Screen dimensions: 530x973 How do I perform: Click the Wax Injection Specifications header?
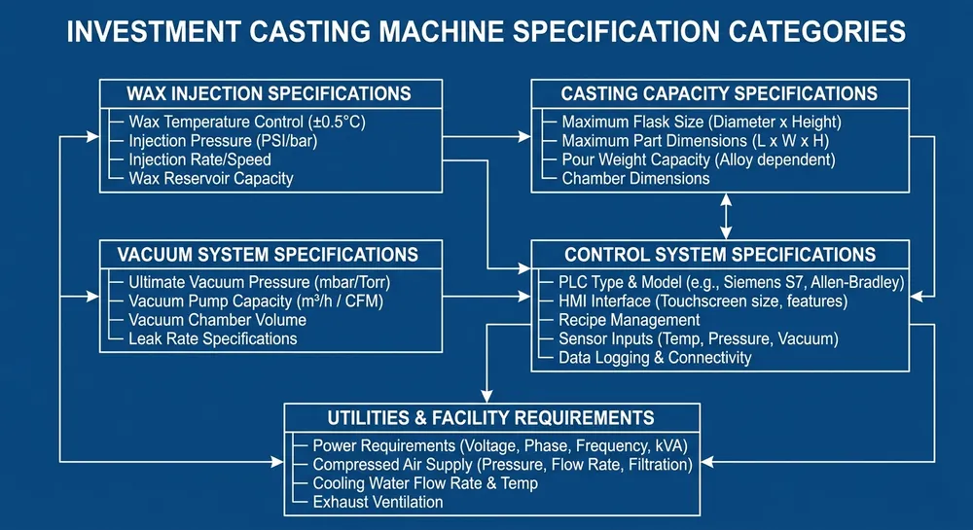(270, 94)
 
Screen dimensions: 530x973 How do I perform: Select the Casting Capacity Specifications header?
(719, 94)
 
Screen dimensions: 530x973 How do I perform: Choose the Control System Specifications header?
(720, 255)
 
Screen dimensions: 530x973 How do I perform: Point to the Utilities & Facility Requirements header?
(490, 418)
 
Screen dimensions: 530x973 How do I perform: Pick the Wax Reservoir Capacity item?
(210, 178)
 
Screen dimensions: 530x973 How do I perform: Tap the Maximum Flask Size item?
(701, 123)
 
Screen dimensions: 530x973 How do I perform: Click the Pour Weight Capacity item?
(698, 159)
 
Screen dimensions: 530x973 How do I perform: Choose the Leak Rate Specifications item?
(212, 338)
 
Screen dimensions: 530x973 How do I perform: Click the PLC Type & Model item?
(731, 283)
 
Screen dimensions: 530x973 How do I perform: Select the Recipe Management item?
(629, 320)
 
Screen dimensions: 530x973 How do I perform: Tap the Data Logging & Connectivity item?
(655, 357)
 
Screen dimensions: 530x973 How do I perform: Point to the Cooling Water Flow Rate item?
(425, 483)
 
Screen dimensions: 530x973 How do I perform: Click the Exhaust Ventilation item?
(378, 502)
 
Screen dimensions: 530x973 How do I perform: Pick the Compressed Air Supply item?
(502, 465)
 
